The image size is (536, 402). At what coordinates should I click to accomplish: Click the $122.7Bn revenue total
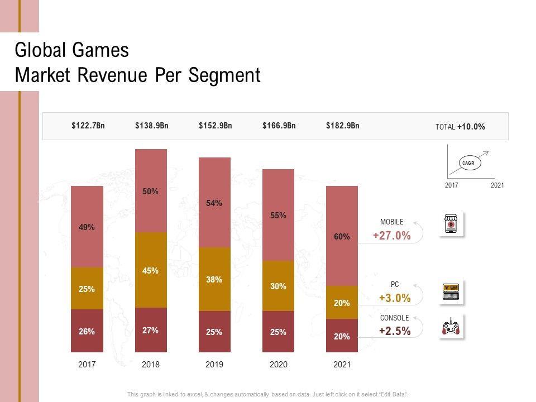88,126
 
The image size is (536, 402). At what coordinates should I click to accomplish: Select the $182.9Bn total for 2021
342,126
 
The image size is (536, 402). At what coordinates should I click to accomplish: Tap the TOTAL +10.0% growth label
460,127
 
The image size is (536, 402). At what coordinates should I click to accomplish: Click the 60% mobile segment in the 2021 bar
342,236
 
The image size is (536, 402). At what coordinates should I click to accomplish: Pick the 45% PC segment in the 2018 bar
151,270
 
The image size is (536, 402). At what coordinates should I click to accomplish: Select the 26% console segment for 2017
87,331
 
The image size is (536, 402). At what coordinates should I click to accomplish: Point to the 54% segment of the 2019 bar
214,203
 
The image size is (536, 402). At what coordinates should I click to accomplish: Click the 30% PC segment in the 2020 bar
278,286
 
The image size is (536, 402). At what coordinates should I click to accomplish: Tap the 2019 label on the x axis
214,365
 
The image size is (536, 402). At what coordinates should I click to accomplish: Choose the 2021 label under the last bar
342,365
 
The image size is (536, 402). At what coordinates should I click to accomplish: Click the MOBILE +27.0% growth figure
392,236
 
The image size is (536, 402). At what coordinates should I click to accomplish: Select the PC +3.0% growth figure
395,298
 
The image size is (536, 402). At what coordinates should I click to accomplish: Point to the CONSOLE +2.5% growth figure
395,331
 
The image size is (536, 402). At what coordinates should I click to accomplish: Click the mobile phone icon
452,224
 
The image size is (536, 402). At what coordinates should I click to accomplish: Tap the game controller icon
452,327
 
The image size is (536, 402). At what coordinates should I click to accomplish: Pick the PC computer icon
452,292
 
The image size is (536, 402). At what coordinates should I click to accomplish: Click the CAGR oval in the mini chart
468,163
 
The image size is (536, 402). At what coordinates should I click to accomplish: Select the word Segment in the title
229,75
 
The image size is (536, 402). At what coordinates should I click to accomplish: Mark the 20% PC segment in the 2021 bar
342,303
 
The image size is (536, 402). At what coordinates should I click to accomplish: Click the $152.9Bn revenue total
215,126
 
